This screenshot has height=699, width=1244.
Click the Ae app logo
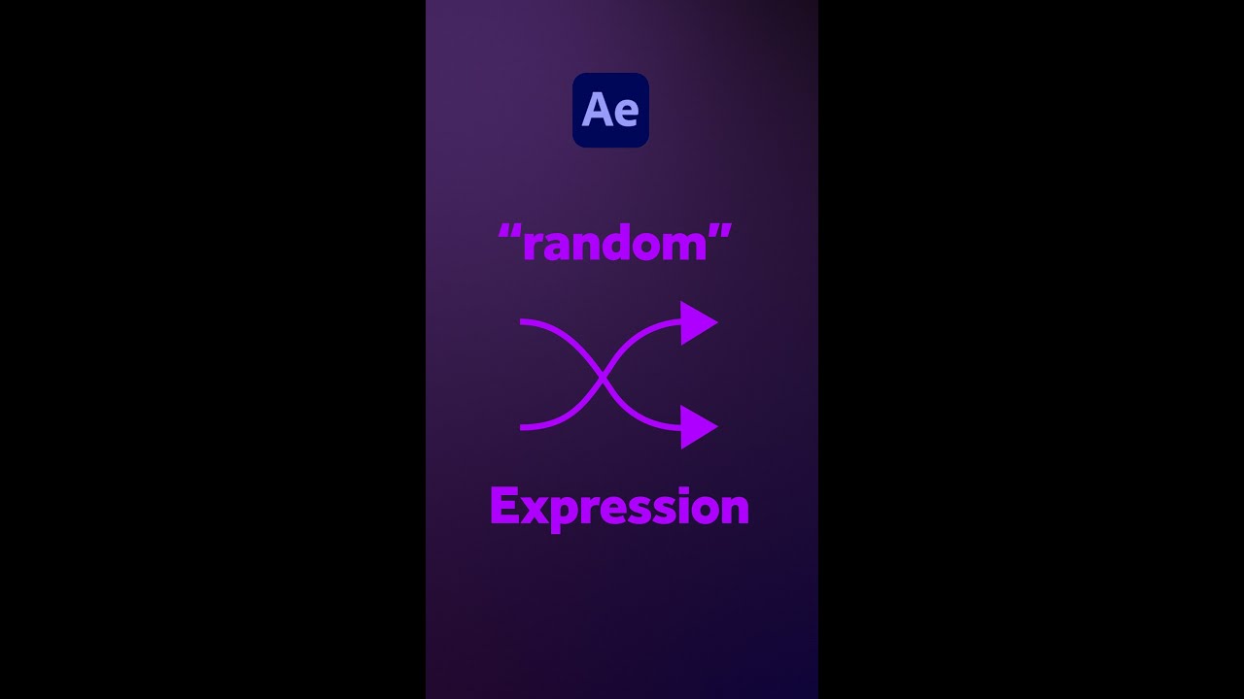pos(610,110)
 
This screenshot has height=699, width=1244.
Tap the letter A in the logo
pos(596,111)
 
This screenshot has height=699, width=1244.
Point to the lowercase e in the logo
pos(625,114)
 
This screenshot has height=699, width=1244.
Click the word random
pos(614,243)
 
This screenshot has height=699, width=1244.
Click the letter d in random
pos(621,243)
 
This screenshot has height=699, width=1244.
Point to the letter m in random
pos(686,247)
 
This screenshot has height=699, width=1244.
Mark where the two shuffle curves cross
pos(604,375)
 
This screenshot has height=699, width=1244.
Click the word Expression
pos(619,507)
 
